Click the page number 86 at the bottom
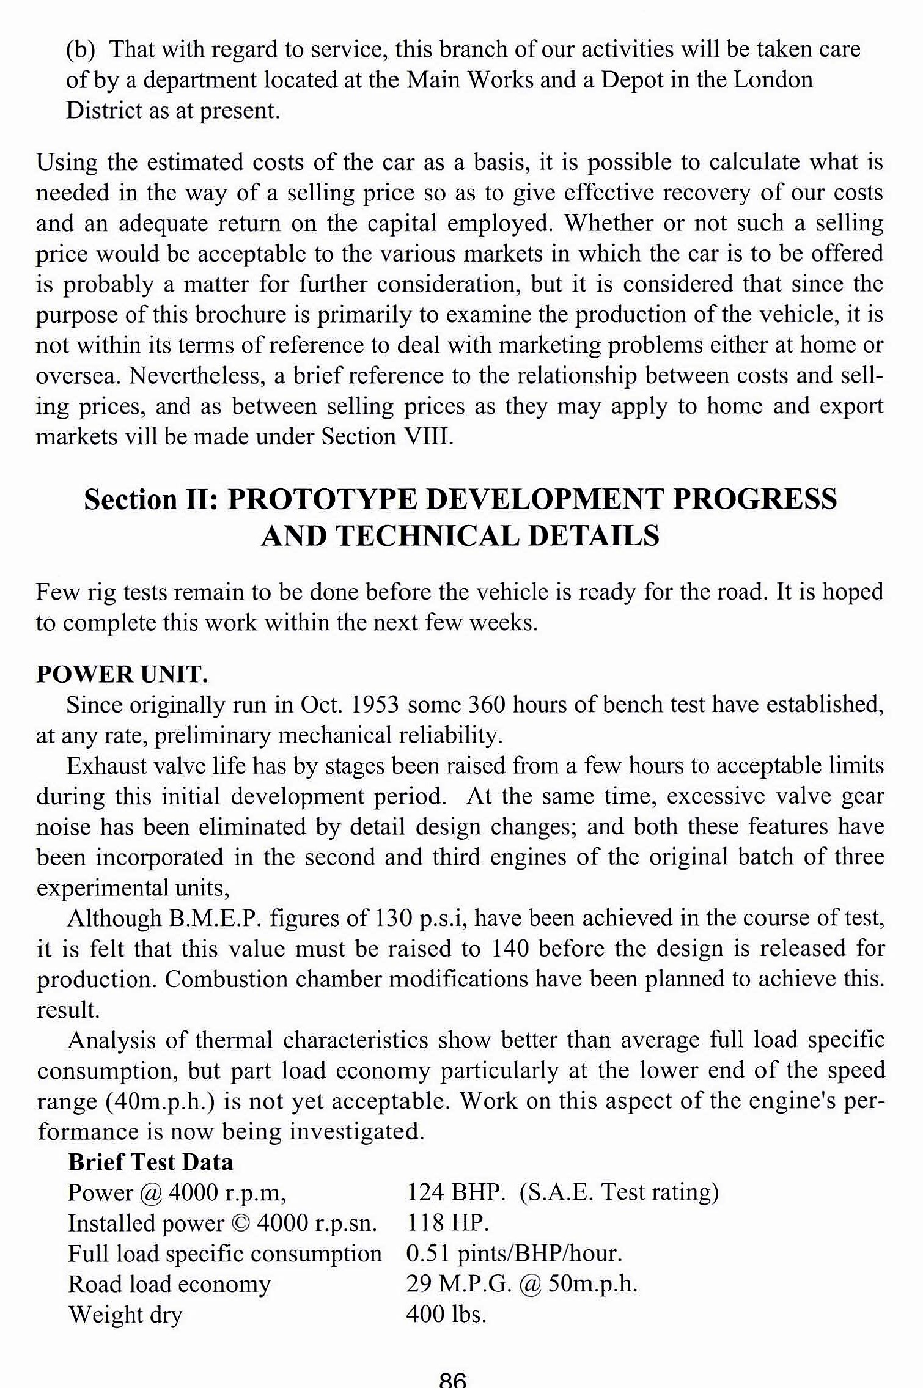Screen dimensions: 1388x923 pos(452,1380)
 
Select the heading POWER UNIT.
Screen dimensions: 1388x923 pos(122,674)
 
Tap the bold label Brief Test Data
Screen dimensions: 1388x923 pos(150,1162)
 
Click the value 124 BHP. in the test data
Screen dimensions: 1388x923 pos(455,1192)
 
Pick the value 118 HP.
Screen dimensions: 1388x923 pos(447,1223)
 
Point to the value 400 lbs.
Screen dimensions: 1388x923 pos(446,1314)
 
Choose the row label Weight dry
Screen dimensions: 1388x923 pos(125,1315)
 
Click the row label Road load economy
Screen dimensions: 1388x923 pos(169,1284)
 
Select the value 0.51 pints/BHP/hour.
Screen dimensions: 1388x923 pos(514,1254)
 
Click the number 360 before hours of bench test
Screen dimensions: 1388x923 pos(487,705)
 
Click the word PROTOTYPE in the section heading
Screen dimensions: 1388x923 pos(322,499)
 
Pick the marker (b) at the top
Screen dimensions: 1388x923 pos(81,50)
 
